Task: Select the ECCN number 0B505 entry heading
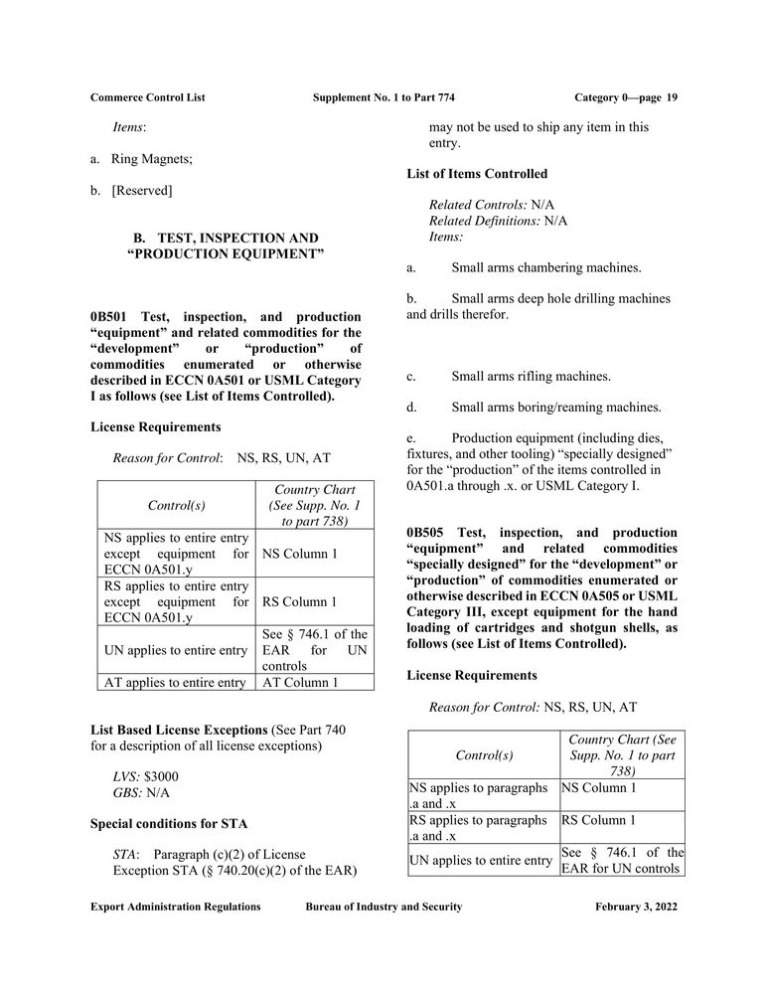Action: point(427,533)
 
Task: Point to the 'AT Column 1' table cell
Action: point(300,682)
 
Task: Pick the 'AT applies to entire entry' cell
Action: point(175,682)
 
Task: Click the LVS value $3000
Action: point(162,776)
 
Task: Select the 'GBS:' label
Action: point(127,793)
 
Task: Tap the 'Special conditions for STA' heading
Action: point(169,824)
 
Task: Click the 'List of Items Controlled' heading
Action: point(477,174)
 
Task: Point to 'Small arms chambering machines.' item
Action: point(545,267)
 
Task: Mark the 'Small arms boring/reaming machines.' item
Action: point(555,407)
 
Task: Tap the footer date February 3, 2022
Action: point(636,907)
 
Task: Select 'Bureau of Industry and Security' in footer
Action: point(384,907)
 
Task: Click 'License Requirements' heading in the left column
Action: point(155,426)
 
